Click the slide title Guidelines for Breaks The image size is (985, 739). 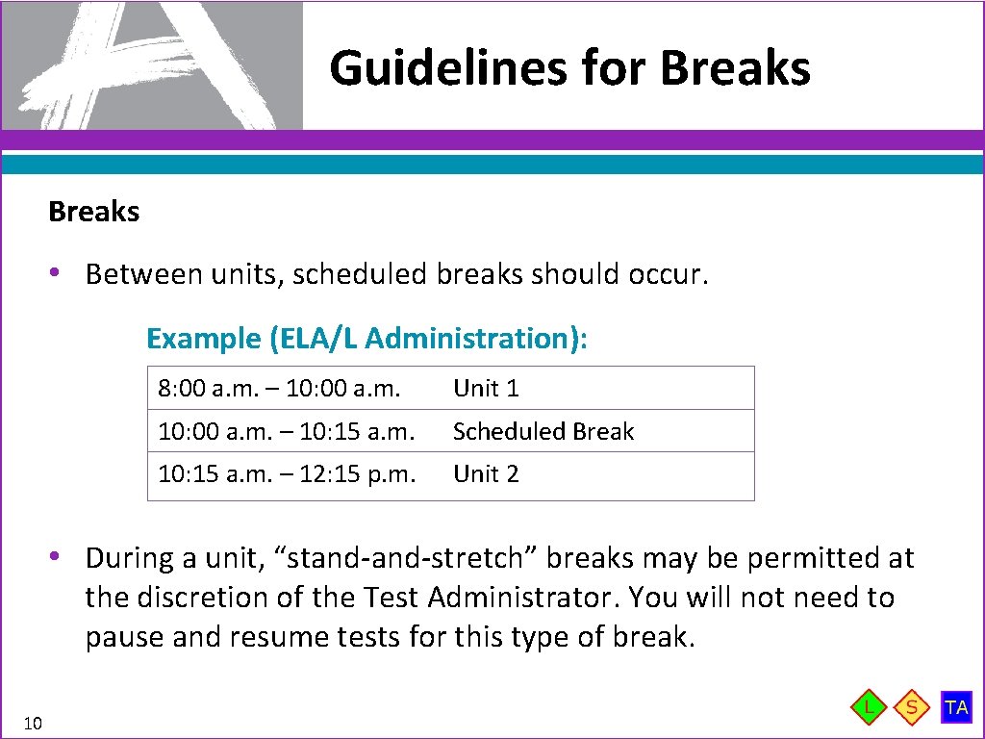coord(569,68)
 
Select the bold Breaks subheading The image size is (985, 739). coord(93,212)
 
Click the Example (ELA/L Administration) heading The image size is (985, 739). coord(367,339)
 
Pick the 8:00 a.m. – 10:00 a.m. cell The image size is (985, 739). coord(278,389)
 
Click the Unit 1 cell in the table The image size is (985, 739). coord(486,389)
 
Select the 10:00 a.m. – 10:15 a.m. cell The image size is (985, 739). coord(286,431)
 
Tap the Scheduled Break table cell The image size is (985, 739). coord(543,431)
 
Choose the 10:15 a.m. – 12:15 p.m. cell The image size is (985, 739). coord(287,473)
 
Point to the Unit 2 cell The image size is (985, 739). coord(486,473)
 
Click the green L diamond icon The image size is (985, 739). coord(870,708)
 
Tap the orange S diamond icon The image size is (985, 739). coord(911,708)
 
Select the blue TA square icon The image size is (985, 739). coord(956,707)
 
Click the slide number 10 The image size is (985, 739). coord(33,723)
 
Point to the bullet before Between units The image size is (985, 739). coord(58,274)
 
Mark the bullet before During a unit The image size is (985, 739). coord(58,557)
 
